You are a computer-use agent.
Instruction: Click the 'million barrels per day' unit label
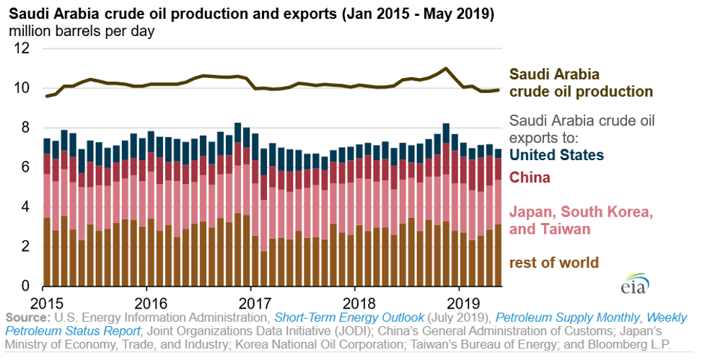(86, 32)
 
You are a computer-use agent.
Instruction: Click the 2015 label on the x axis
(43, 302)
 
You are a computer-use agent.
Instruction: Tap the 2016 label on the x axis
(147, 302)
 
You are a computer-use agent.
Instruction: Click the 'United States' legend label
(557, 154)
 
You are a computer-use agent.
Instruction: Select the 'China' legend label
(530, 177)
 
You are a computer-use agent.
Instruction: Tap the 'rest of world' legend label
(554, 262)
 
